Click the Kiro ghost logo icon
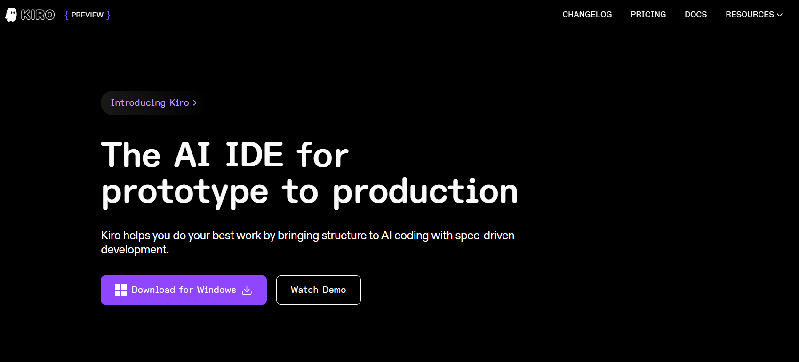[11, 15]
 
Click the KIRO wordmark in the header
[38, 15]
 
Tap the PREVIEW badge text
[88, 15]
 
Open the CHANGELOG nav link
[587, 15]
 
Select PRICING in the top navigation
[648, 15]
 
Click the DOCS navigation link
[695, 15]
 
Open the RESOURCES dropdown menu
[754, 15]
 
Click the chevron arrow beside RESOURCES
[780, 15]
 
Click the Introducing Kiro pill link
[154, 103]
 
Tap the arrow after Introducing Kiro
[195, 103]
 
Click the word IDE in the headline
[254, 155]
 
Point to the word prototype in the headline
[185, 192]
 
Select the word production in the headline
[425, 192]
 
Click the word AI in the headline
[192, 155]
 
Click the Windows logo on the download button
[120, 291]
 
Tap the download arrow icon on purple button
[247, 291]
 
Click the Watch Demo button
[319, 290]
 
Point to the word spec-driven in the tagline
[485, 236]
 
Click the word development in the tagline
[135, 250]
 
